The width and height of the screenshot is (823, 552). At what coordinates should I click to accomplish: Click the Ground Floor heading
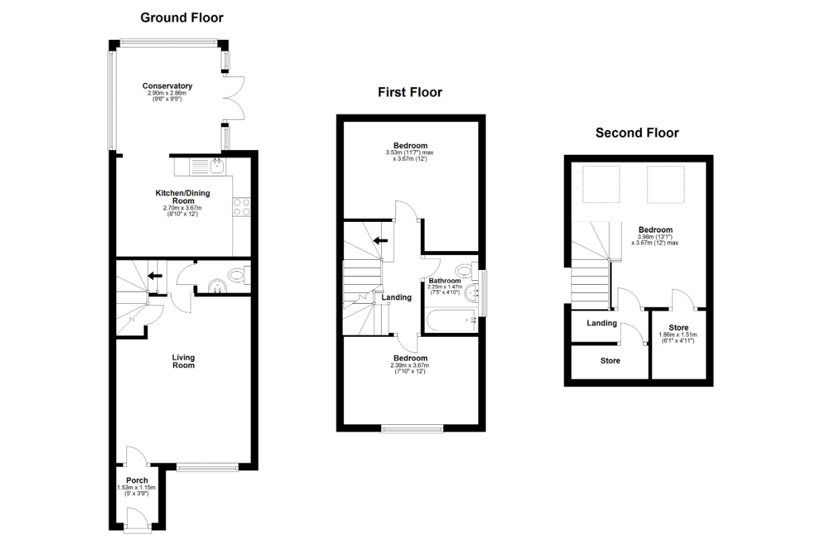point(182,18)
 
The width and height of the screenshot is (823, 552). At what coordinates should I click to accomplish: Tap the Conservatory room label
point(167,86)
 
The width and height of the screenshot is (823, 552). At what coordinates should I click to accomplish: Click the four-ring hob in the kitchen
point(242,207)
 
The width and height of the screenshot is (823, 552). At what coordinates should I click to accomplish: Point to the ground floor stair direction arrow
point(155,275)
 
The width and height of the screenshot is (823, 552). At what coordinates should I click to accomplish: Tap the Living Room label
point(183,361)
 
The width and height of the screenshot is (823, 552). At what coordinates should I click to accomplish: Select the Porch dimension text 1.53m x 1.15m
point(136,488)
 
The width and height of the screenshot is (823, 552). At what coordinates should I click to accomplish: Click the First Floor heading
point(410,92)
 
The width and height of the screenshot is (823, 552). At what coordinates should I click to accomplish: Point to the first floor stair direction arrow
point(380,241)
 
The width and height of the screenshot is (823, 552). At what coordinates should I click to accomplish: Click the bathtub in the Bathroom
point(451,321)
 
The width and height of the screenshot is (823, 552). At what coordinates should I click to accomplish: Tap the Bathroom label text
point(445,281)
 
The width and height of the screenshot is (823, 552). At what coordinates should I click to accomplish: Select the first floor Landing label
point(397,297)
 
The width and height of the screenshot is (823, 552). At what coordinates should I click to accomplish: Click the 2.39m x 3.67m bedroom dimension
point(409,365)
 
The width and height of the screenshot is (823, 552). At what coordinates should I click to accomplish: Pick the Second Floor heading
point(637,133)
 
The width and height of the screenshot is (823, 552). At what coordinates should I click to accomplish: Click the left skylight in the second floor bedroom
point(601,184)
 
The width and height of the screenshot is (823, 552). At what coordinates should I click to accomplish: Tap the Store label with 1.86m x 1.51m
point(678,327)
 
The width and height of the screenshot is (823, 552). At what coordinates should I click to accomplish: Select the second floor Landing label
point(601,323)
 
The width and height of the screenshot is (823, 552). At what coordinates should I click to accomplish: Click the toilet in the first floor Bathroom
point(466,271)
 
